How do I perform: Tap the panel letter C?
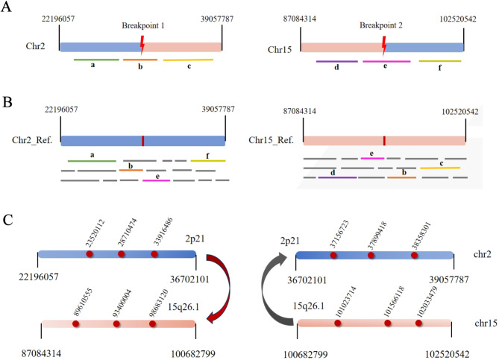(x=9, y=222)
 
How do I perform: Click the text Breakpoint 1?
(x=143, y=25)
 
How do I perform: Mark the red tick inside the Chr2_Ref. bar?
(x=142, y=140)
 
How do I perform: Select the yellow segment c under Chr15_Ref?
(x=439, y=168)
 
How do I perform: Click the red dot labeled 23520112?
(x=89, y=254)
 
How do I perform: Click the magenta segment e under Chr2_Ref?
(x=156, y=180)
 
